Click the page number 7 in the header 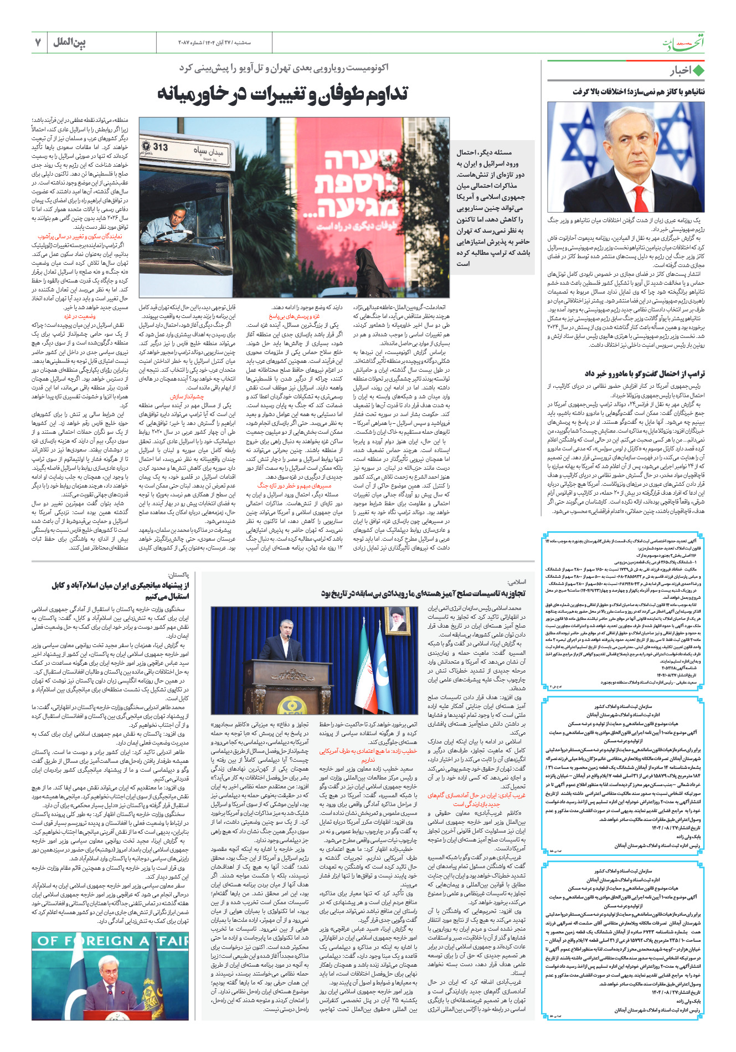[38, 42]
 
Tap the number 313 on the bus [161, 147]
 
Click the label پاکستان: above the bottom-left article [178, 576]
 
